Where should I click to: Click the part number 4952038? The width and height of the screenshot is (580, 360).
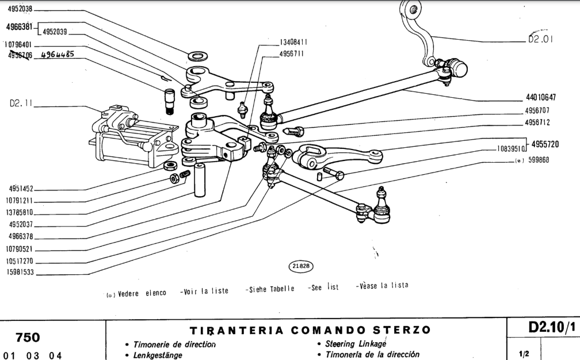click(18, 9)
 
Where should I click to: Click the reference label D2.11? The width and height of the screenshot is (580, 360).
click(21, 105)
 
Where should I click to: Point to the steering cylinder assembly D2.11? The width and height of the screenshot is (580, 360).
click(129, 135)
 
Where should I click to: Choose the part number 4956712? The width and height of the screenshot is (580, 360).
click(537, 123)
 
